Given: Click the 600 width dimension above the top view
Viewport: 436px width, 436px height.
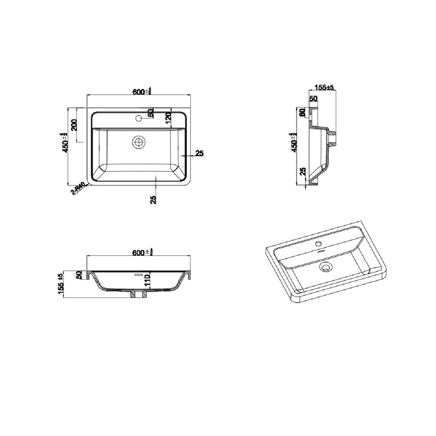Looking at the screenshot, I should [x=142, y=91].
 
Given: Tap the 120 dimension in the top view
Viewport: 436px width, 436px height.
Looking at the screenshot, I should [x=169, y=118].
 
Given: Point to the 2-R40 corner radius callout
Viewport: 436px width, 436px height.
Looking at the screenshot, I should [x=78, y=188].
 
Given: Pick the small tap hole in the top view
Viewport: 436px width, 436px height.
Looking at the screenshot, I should [x=139, y=118].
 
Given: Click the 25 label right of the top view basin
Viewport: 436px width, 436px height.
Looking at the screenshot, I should [x=199, y=154].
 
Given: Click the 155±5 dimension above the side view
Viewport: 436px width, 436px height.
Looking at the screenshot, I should [x=324, y=88].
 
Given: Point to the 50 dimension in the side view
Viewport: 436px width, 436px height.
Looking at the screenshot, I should [x=313, y=99].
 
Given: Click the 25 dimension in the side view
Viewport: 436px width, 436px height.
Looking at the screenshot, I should [x=302, y=171].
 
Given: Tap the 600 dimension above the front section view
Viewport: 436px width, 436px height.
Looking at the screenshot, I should [x=142, y=252].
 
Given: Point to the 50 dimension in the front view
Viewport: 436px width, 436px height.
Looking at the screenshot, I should [x=78, y=275].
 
